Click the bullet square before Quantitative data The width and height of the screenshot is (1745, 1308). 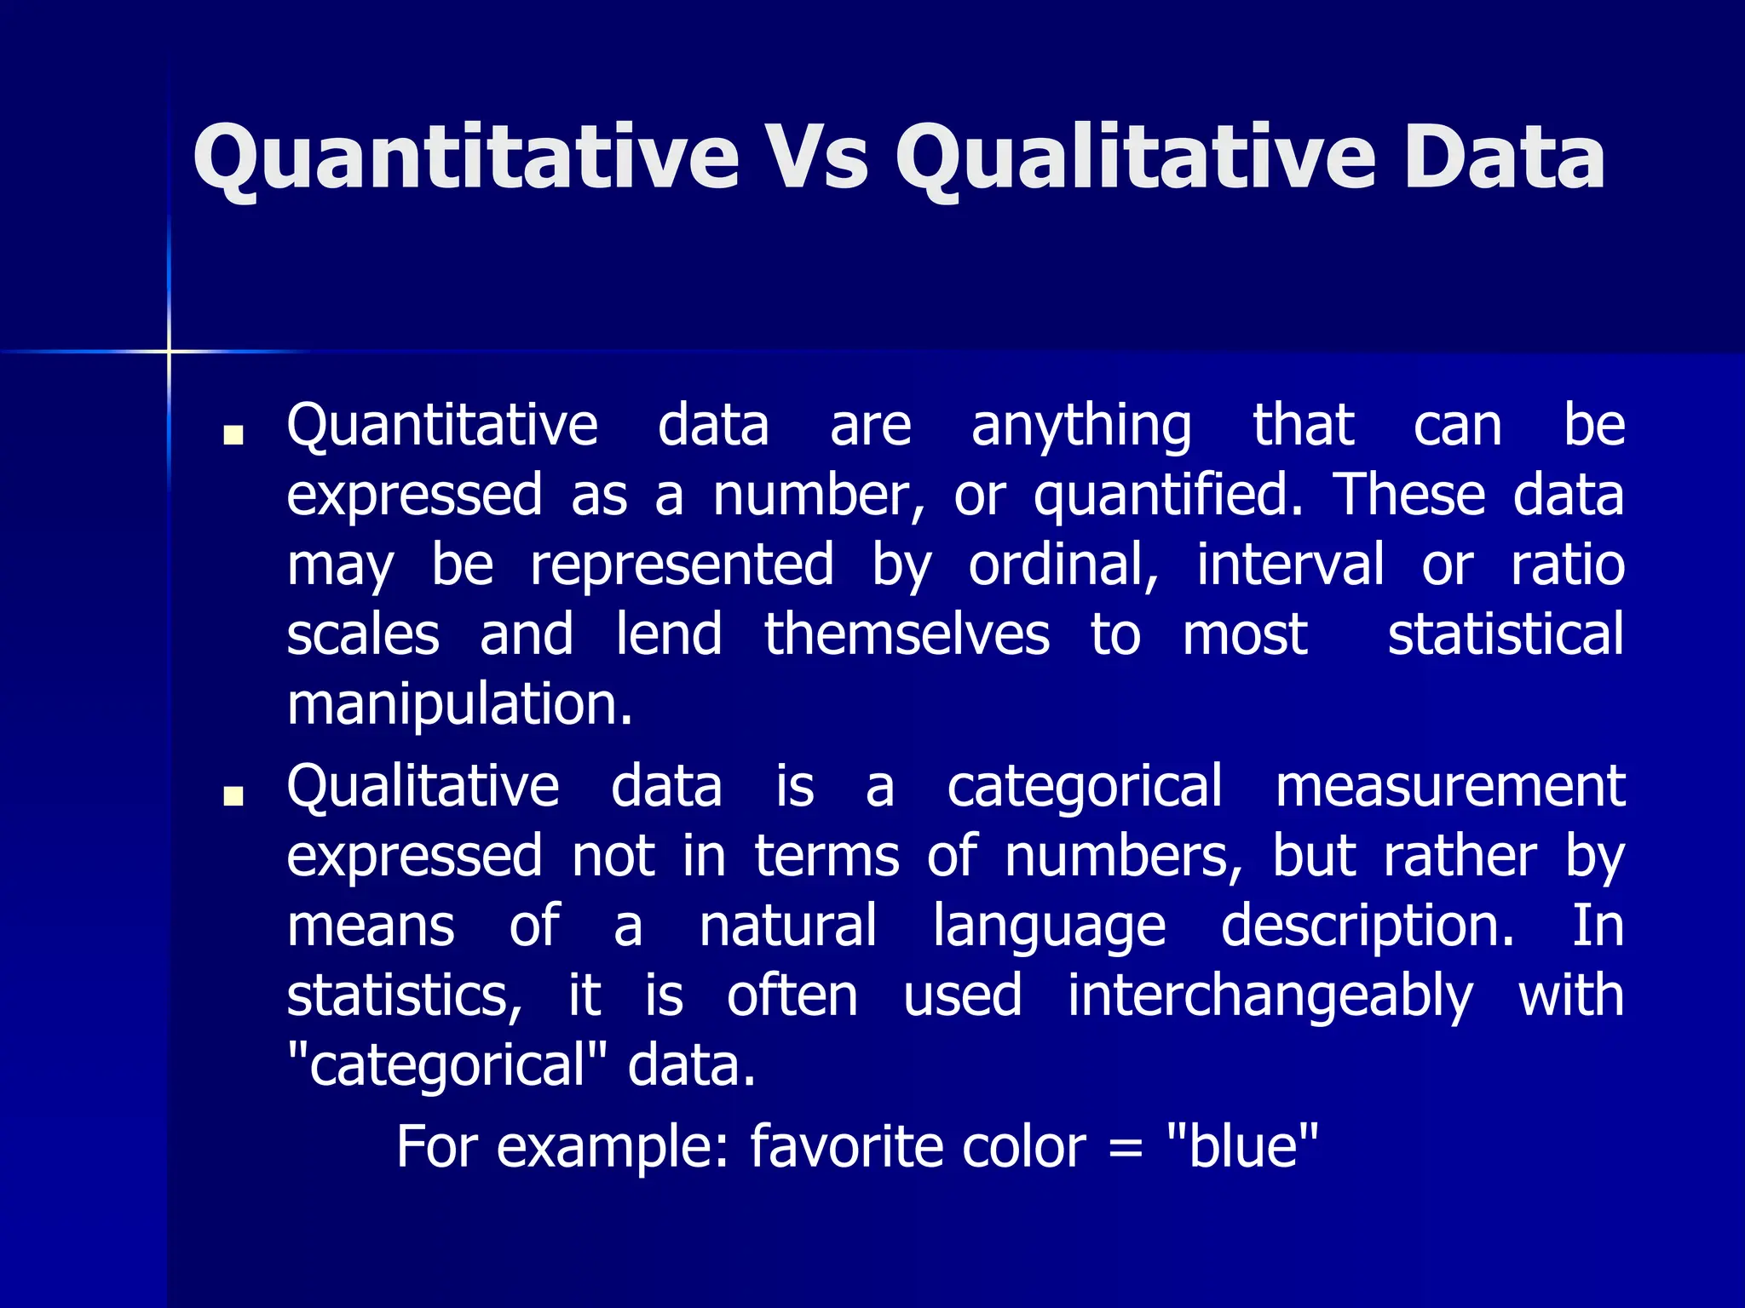click(233, 435)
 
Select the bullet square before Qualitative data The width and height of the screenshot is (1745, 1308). click(233, 795)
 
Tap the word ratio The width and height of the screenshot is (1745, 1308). click(1567, 565)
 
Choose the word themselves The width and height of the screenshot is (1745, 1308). click(907, 635)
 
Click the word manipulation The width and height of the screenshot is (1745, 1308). click(460, 705)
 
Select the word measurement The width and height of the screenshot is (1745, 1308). click(1449, 787)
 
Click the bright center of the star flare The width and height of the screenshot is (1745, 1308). click(169, 351)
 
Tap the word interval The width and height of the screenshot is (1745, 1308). click(1290, 565)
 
